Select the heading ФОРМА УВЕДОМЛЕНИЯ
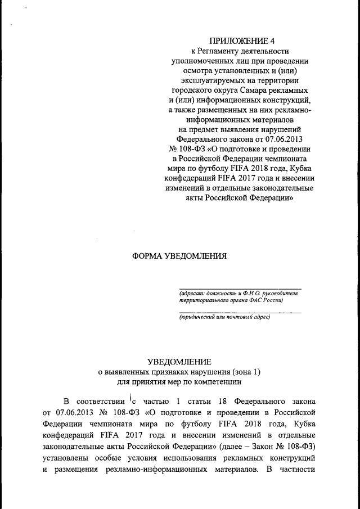[179, 255]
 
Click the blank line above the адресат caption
[240, 288]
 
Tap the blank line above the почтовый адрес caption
[240, 312]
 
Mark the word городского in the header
[192, 91]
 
